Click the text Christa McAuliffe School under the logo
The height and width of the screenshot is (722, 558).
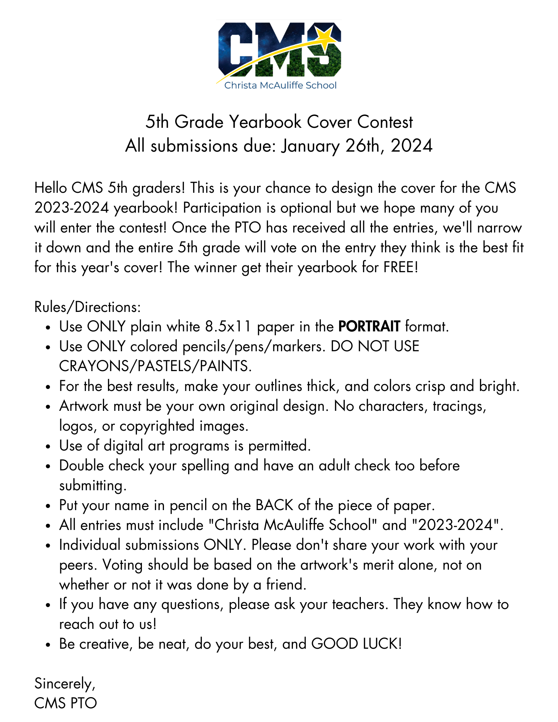tap(280, 86)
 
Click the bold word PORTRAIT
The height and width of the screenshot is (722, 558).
tap(369, 326)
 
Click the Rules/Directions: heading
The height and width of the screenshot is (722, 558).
tap(87, 307)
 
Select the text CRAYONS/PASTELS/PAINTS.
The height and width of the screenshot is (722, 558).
tap(155, 366)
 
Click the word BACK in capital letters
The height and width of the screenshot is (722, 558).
tap(274, 505)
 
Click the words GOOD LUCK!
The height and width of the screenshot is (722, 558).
tap(356, 644)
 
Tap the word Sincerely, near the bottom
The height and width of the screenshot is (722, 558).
tap(65, 683)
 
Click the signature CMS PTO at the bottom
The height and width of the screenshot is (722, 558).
tap(66, 703)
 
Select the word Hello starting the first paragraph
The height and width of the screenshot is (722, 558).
tap(51, 188)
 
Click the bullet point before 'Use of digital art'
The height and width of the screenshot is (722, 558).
tap(48, 447)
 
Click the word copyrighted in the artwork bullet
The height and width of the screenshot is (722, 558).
tap(157, 426)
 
